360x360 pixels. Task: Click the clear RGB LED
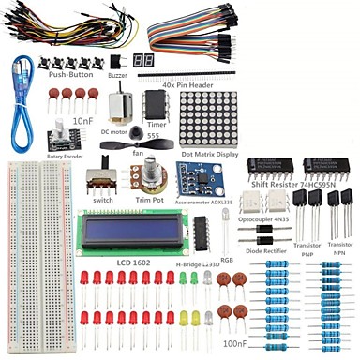click(x=227, y=223)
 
